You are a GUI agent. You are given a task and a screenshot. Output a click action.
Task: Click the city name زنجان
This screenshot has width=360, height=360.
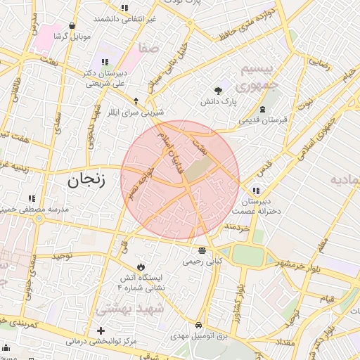[x=86, y=181]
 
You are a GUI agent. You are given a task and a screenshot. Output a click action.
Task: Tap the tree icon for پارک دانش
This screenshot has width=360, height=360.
[x=218, y=90]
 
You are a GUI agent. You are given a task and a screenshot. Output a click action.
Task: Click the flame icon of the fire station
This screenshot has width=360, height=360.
[x=142, y=267]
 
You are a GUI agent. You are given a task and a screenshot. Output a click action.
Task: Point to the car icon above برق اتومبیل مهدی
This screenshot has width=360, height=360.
[x=199, y=326]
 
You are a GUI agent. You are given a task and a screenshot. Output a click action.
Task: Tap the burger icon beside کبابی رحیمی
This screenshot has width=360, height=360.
[x=202, y=250]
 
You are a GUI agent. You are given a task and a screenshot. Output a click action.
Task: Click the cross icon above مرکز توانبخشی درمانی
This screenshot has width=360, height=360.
[x=101, y=330]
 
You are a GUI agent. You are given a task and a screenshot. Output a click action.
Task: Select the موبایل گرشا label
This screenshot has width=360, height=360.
[x=70, y=35]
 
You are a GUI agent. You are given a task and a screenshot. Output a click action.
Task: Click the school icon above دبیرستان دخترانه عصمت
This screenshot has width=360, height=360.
[x=256, y=191]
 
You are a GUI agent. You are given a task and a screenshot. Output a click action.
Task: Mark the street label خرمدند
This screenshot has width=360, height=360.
[x=236, y=229]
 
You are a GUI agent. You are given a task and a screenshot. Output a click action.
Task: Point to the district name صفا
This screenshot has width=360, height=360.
[x=148, y=49]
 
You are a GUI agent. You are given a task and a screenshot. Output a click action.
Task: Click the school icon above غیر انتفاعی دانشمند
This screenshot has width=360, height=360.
[x=124, y=8]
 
